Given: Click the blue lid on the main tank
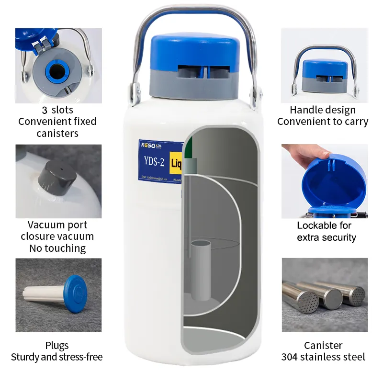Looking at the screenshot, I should pos(195,48).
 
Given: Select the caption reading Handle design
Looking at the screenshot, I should pos(323,110).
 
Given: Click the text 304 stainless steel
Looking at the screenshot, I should pos(323,357).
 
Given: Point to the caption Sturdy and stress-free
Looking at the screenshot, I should pos(56,357).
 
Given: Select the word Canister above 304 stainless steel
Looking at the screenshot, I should pos(323,345).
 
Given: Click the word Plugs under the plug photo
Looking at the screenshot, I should pos(57,345).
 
